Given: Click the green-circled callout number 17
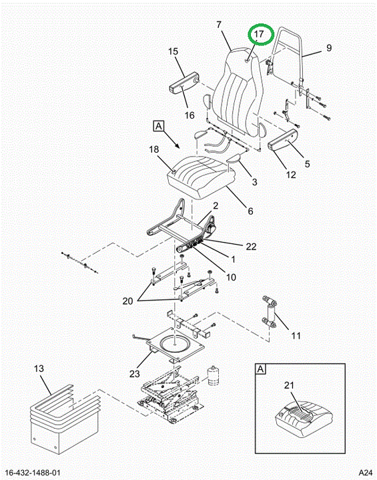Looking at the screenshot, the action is click(x=259, y=34).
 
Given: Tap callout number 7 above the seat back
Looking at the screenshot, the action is click(x=219, y=25).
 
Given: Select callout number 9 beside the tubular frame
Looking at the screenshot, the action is click(x=329, y=48).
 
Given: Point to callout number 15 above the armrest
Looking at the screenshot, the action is click(x=173, y=51).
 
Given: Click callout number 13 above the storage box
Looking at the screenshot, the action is click(x=39, y=369).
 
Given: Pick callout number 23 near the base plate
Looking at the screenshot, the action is click(x=135, y=374).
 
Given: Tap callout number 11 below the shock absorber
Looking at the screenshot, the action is click(x=296, y=336).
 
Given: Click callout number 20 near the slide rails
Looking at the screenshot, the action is click(x=128, y=301).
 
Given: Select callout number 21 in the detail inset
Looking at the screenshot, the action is click(x=289, y=385).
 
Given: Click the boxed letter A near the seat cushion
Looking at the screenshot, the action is click(x=158, y=126).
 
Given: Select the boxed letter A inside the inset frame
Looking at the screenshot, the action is click(x=260, y=369).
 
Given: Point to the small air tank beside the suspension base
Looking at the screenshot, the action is click(x=214, y=375).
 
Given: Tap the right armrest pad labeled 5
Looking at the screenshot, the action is click(x=283, y=140).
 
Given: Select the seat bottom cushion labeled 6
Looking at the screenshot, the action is click(x=199, y=177).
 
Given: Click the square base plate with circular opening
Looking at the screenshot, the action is click(x=175, y=345).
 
